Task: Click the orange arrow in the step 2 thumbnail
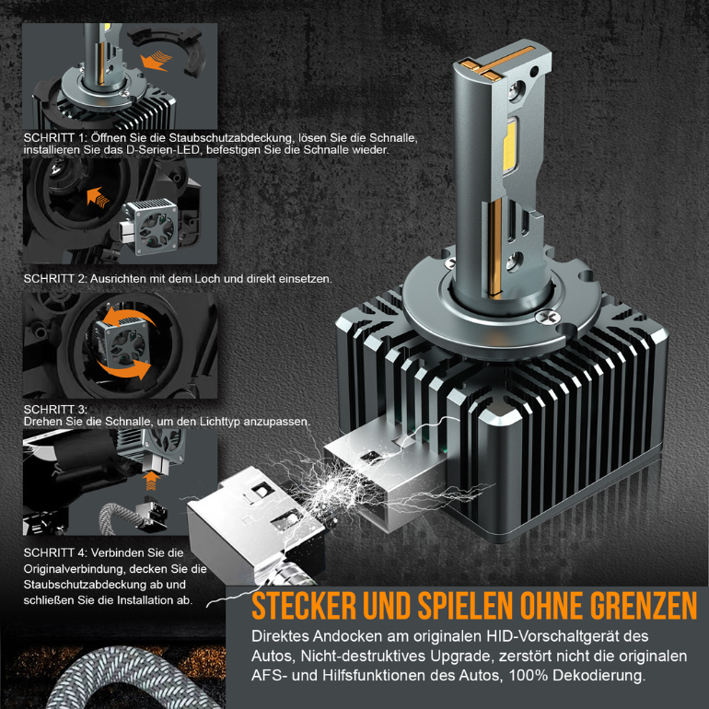[96, 195]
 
